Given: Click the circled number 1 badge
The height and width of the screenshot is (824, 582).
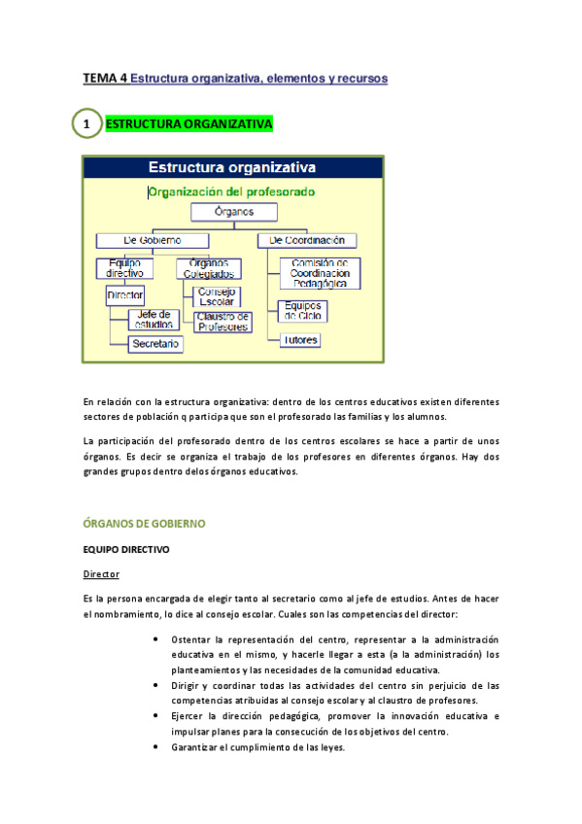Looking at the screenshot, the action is (x=86, y=124).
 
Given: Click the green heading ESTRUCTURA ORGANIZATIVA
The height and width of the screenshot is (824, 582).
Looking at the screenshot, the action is (x=188, y=124).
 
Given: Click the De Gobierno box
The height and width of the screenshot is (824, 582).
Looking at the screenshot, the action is (x=154, y=240).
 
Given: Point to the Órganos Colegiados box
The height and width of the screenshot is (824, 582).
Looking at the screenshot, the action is (x=208, y=269).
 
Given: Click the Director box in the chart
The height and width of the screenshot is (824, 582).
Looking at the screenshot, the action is (x=125, y=294).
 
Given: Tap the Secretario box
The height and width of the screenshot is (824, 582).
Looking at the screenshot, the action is (x=155, y=344).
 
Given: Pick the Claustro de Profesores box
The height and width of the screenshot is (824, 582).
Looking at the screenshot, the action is (x=223, y=322).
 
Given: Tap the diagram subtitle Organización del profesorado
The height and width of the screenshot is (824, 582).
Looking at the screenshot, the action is (x=231, y=191).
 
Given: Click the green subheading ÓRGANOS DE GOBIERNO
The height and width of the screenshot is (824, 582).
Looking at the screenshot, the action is (x=144, y=523).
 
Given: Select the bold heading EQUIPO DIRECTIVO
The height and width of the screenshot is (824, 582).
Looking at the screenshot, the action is (x=126, y=550).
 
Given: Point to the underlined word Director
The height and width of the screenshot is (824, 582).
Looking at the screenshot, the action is (x=101, y=574).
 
